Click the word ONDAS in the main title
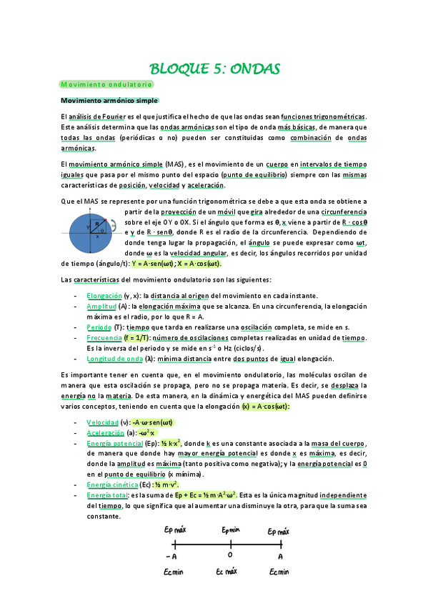click(x=251, y=69)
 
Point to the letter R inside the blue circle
click(x=97, y=225)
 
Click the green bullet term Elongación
click(x=104, y=295)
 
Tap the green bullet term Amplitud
click(x=101, y=306)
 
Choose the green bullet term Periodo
click(x=99, y=327)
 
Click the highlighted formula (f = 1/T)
click(x=140, y=337)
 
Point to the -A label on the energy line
click(x=171, y=555)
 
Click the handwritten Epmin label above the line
click(x=229, y=532)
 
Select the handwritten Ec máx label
click(x=229, y=572)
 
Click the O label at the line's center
click(x=229, y=555)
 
